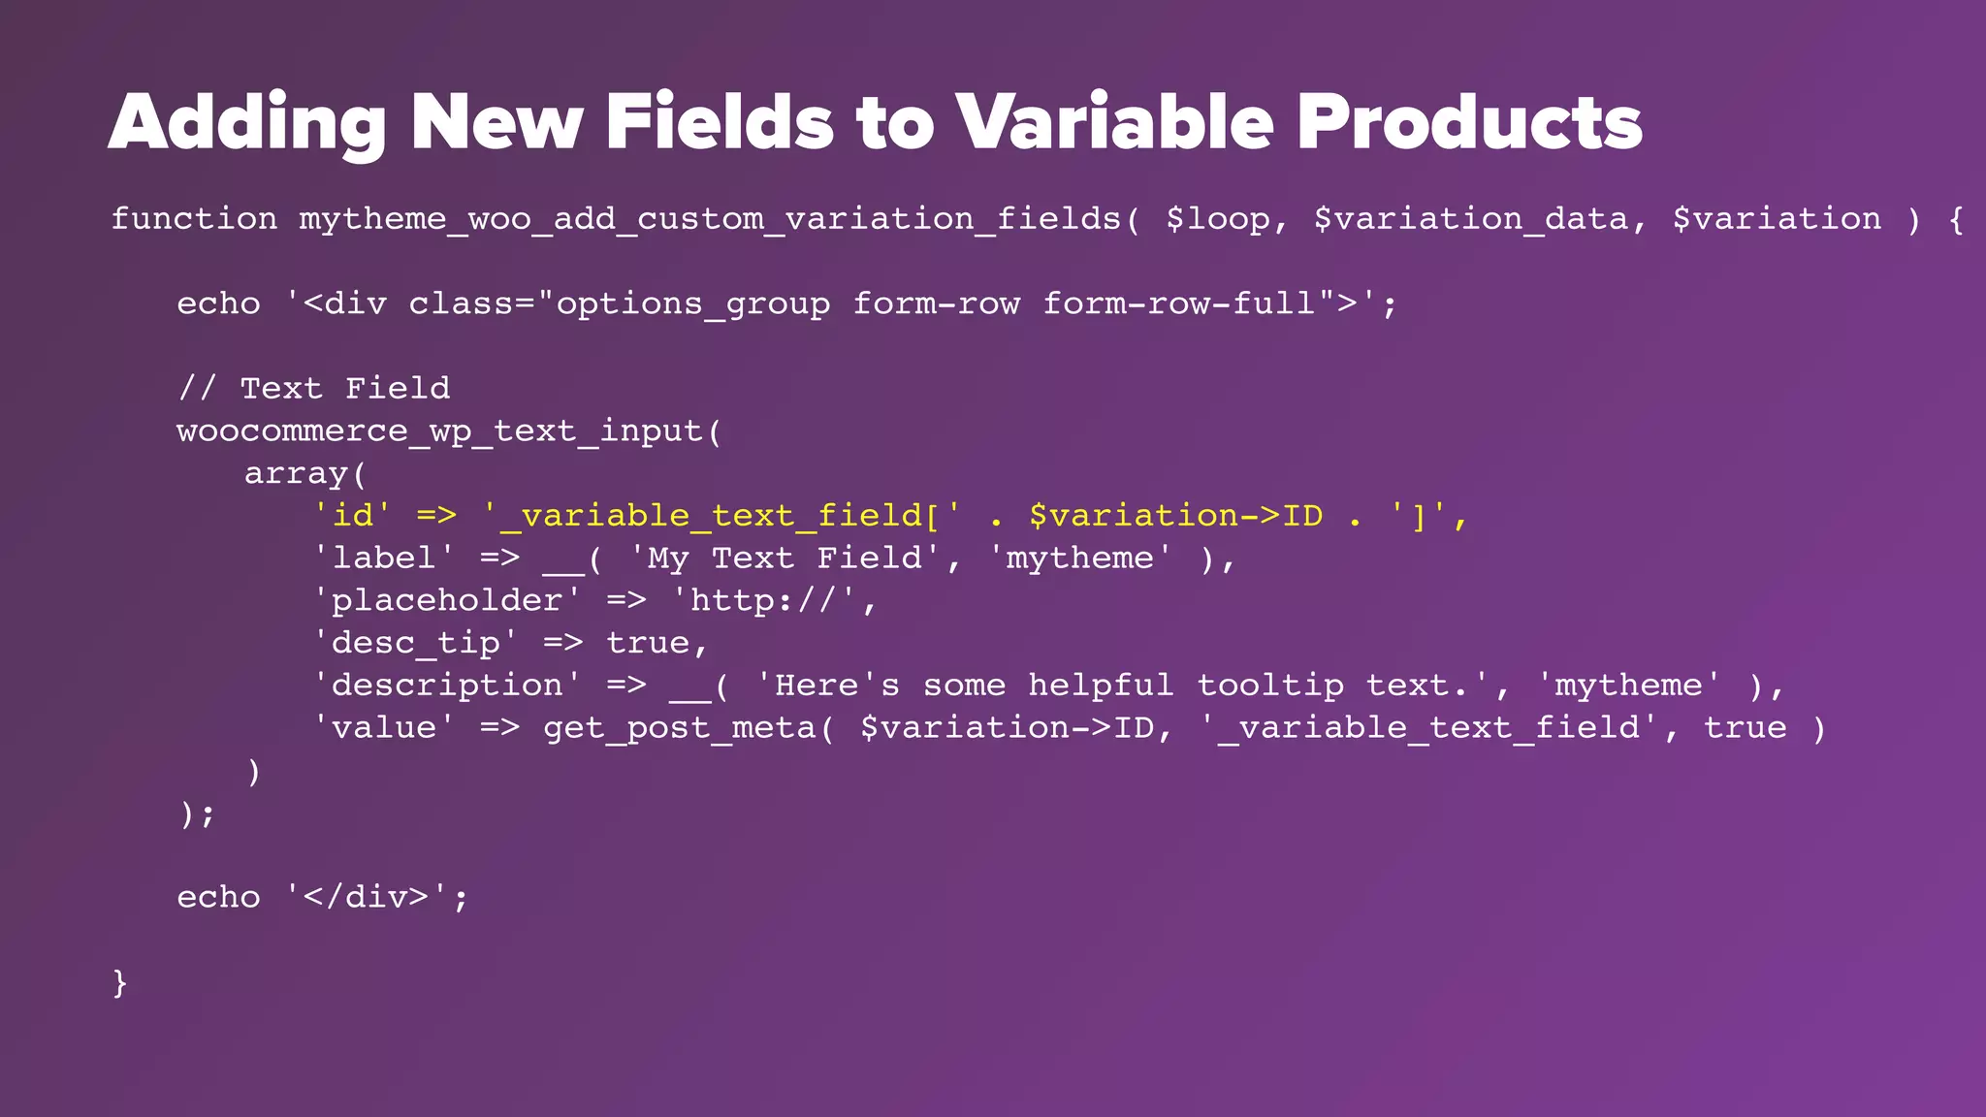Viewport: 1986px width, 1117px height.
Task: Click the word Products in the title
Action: (x=1469, y=123)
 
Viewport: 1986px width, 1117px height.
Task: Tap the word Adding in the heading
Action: (x=247, y=123)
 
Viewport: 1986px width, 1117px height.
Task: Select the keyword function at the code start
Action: (x=194, y=219)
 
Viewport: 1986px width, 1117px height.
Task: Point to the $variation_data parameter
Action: (x=1470, y=219)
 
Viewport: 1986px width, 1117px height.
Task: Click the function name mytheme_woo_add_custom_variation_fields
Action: (x=710, y=219)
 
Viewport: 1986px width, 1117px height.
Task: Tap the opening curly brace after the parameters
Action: (x=1956, y=219)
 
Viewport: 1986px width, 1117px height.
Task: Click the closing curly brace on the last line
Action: (x=120, y=982)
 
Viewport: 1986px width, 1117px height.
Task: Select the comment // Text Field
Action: (x=314, y=389)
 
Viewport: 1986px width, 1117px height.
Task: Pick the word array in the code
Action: (x=296, y=474)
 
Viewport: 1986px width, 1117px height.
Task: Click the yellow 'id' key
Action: (x=352, y=516)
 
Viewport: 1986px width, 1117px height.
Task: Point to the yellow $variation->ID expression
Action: (x=1175, y=516)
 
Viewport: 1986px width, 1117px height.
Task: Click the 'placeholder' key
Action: (x=447, y=601)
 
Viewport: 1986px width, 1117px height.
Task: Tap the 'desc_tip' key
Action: (x=415, y=643)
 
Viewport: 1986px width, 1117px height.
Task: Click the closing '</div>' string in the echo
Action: (x=367, y=897)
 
